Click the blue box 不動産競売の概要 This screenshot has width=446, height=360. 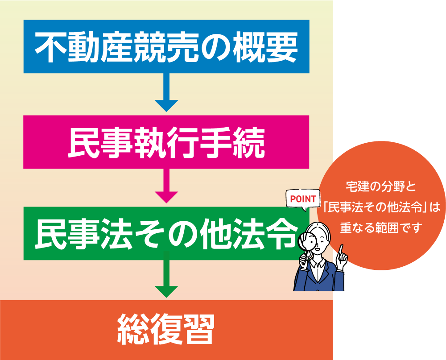point(166,46)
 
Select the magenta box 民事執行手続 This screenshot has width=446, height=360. point(166,142)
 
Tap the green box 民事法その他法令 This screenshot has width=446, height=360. point(166,233)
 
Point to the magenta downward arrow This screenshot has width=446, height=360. point(166,185)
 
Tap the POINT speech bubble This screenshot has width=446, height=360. point(303,199)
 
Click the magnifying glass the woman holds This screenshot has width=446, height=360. point(307,241)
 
